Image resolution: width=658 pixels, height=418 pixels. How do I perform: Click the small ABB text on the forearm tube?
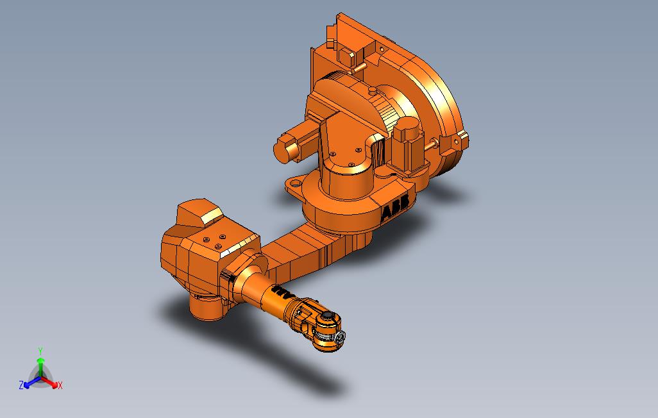coord(281,293)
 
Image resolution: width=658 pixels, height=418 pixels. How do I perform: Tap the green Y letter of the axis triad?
coord(40,351)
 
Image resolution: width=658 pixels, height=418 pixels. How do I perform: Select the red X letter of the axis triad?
coord(60,385)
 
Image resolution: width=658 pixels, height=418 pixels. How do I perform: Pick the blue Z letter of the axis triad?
coord(21,385)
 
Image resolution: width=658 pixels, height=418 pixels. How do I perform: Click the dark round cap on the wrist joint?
coord(328,316)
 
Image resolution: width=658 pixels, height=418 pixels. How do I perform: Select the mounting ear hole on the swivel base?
coord(295,184)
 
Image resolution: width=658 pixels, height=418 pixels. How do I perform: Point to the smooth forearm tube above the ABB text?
coord(255,282)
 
